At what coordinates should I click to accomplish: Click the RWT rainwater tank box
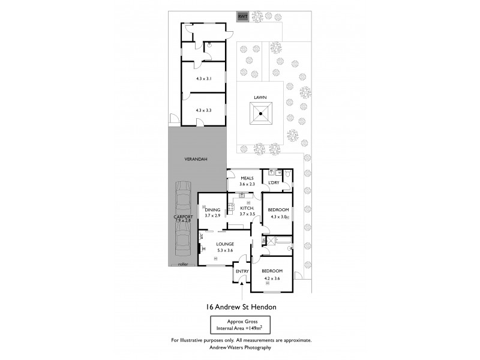243,17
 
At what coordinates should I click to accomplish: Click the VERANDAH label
196,159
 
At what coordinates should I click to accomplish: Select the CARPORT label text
184,217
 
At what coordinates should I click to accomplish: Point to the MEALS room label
247,178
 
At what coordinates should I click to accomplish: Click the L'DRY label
274,182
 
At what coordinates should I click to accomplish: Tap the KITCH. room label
247,208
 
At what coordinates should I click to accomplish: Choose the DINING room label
212,210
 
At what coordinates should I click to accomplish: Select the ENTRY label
242,271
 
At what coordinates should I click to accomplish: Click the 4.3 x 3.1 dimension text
205,79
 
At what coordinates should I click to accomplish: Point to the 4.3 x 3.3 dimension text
205,110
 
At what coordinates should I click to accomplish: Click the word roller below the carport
183,263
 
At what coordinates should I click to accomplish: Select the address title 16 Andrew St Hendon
241,307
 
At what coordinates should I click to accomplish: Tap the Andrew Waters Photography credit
241,347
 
